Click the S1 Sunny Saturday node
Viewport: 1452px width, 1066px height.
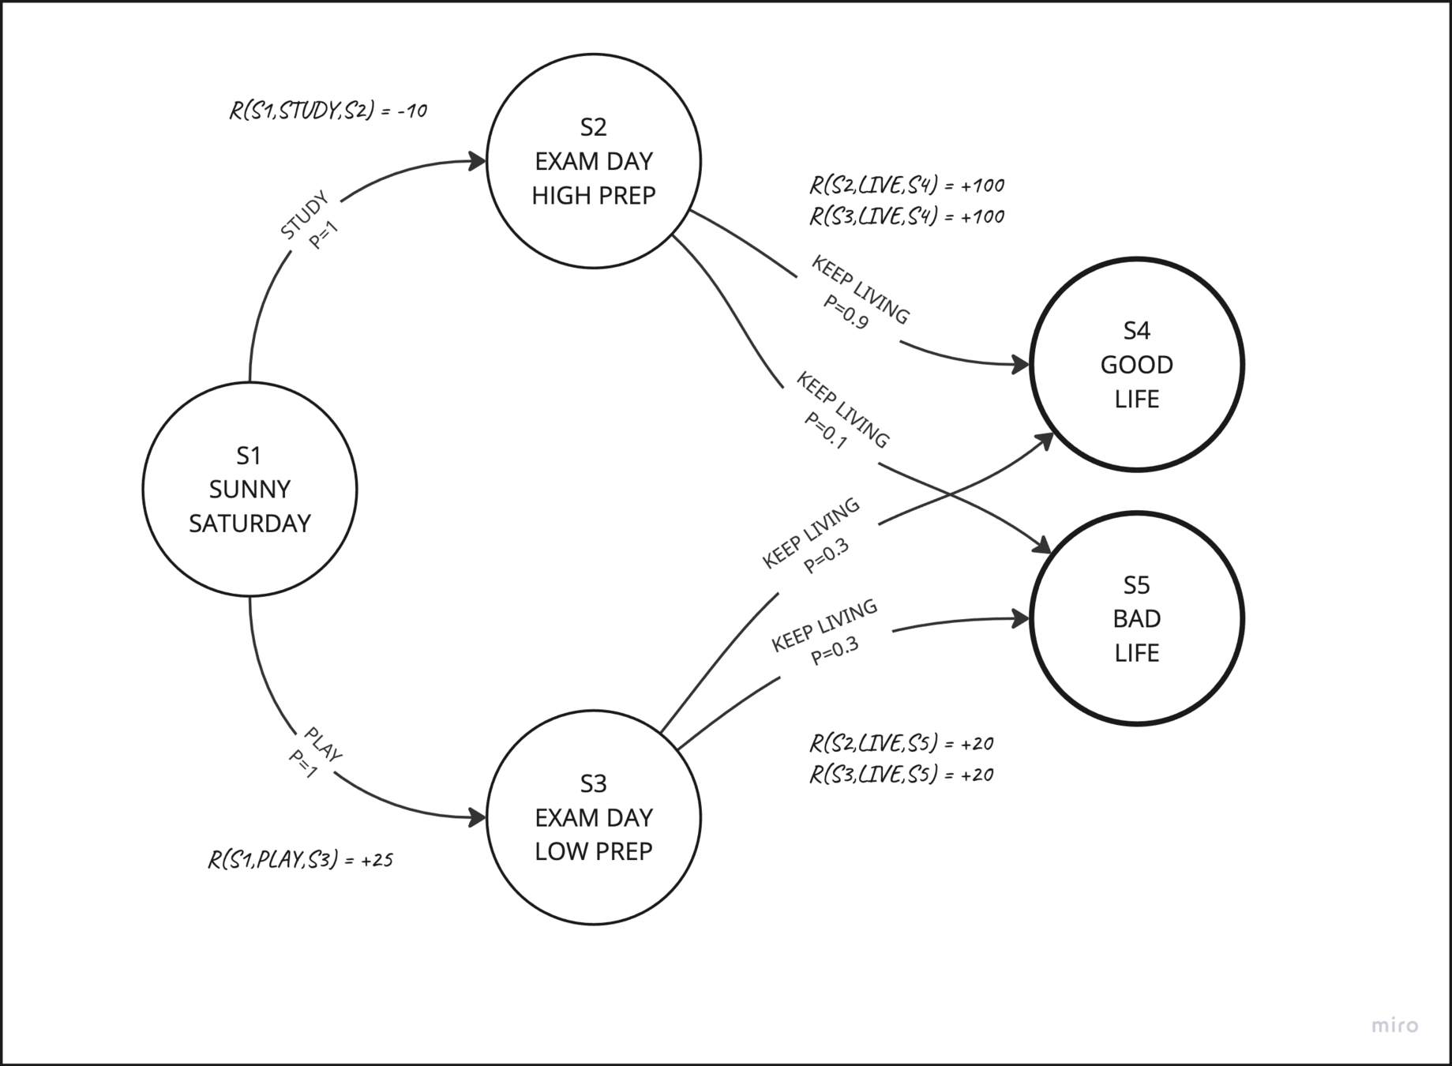click(x=250, y=489)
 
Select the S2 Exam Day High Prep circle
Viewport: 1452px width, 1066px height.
click(x=594, y=161)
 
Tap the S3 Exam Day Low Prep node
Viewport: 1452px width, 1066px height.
click(x=594, y=817)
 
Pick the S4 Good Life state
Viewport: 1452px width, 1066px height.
click(x=1136, y=364)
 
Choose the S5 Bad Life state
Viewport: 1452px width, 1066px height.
click(x=1136, y=618)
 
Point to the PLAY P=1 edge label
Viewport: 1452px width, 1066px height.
click(x=315, y=753)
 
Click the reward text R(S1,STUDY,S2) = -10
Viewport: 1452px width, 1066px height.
click(x=328, y=111)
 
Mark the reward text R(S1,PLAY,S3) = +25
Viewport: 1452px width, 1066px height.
click(x=300, y=859)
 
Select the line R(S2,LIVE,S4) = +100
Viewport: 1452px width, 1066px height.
click(x=906, y=186)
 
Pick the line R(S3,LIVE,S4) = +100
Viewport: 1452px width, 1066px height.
click(x=906, y=216)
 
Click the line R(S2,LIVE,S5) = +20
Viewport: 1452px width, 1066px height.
click(x=901, y=743)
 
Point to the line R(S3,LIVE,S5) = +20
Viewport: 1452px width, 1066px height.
click(x=901, y=775)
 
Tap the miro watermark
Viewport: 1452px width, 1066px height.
click(x=1394, y=1026)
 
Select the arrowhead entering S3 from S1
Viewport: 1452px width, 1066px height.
click(x=478, y=817)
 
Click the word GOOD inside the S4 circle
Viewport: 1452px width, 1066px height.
click(x=1136, y=365)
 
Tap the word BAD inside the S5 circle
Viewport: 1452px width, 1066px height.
click(x=1136, y=618)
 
